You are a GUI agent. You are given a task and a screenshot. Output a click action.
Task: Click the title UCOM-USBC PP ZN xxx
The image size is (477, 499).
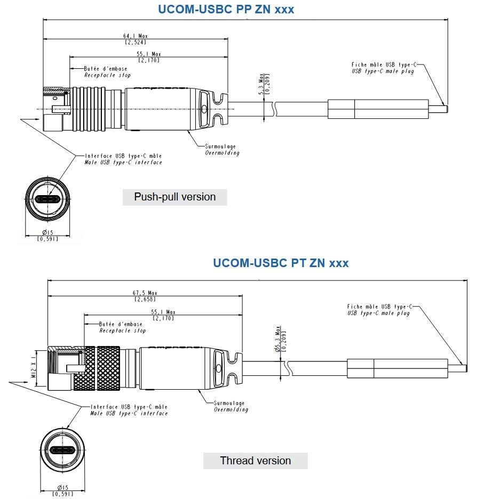226,9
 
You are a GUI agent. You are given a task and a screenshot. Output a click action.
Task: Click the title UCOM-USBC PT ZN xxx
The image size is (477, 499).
281,263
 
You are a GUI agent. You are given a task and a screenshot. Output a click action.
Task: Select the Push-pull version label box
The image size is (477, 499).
174,197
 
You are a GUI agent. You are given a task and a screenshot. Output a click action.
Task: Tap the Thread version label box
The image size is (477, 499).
255,460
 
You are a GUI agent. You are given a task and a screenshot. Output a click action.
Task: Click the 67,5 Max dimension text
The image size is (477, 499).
145,293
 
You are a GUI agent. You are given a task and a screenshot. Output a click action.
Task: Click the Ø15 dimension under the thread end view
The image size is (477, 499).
63,488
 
